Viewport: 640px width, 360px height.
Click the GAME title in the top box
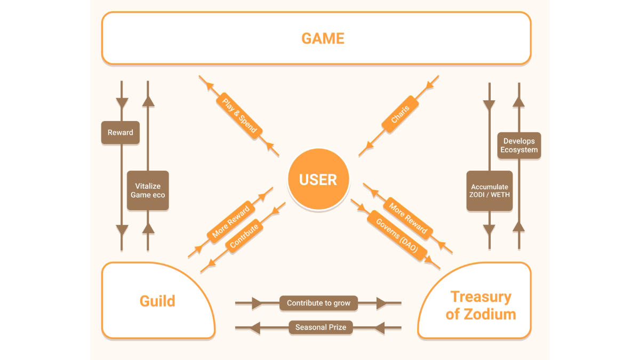[x=323, y=38]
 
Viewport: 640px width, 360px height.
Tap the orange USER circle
[x=318, y=180]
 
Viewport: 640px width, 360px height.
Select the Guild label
[x=157, y=301]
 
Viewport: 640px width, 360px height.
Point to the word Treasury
[x=481, y=297]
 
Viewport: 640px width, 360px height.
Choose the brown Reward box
[x=121, y=132]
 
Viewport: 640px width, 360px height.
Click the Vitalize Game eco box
[x=148, y=190]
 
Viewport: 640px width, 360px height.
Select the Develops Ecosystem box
[x=520, y=146]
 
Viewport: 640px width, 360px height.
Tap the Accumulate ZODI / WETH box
[x=490, y=190]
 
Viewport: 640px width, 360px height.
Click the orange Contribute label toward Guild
[x=244, y=235]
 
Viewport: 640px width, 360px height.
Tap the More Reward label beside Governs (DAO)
[x=408, y=218]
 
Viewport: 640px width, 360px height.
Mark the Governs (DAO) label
[x=397, y=235]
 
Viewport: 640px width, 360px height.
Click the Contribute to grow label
[x=318, y=303]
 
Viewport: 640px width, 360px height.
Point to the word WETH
[x=499, y=195]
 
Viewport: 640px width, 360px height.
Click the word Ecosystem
[x=520, y=150]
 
